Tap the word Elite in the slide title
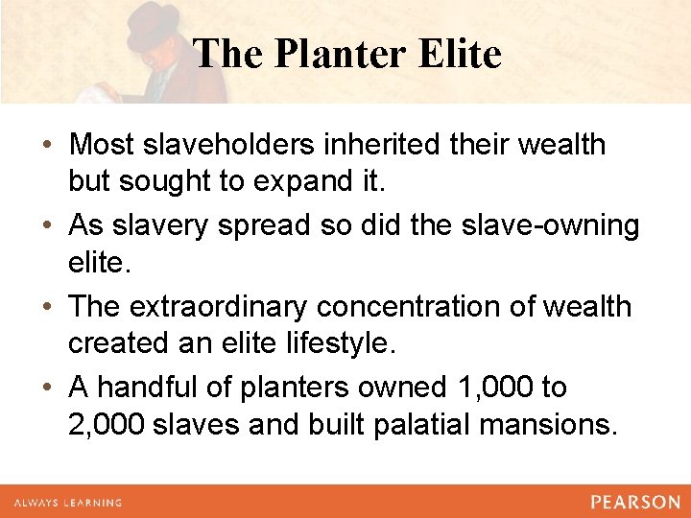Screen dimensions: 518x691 pyautogui.click(x=460, y=55)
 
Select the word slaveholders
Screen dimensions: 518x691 pyautogui.click(x=242, y=145)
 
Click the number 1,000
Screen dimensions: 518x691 pyautogui.click(x=490, y=388)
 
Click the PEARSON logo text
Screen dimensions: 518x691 pyautogui.click(x=634, y=502)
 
